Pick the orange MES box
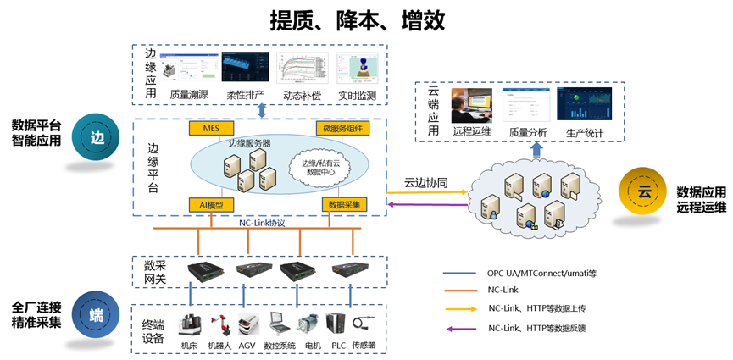click(x=211, y=129)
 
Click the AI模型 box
click(x=210, y=204)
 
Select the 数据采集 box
click(x=344, y=204)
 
